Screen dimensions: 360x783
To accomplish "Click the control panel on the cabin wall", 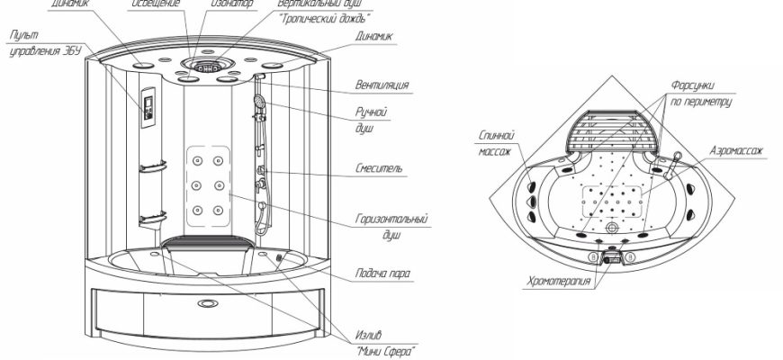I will pyautogui.click(x=147, y=106).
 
